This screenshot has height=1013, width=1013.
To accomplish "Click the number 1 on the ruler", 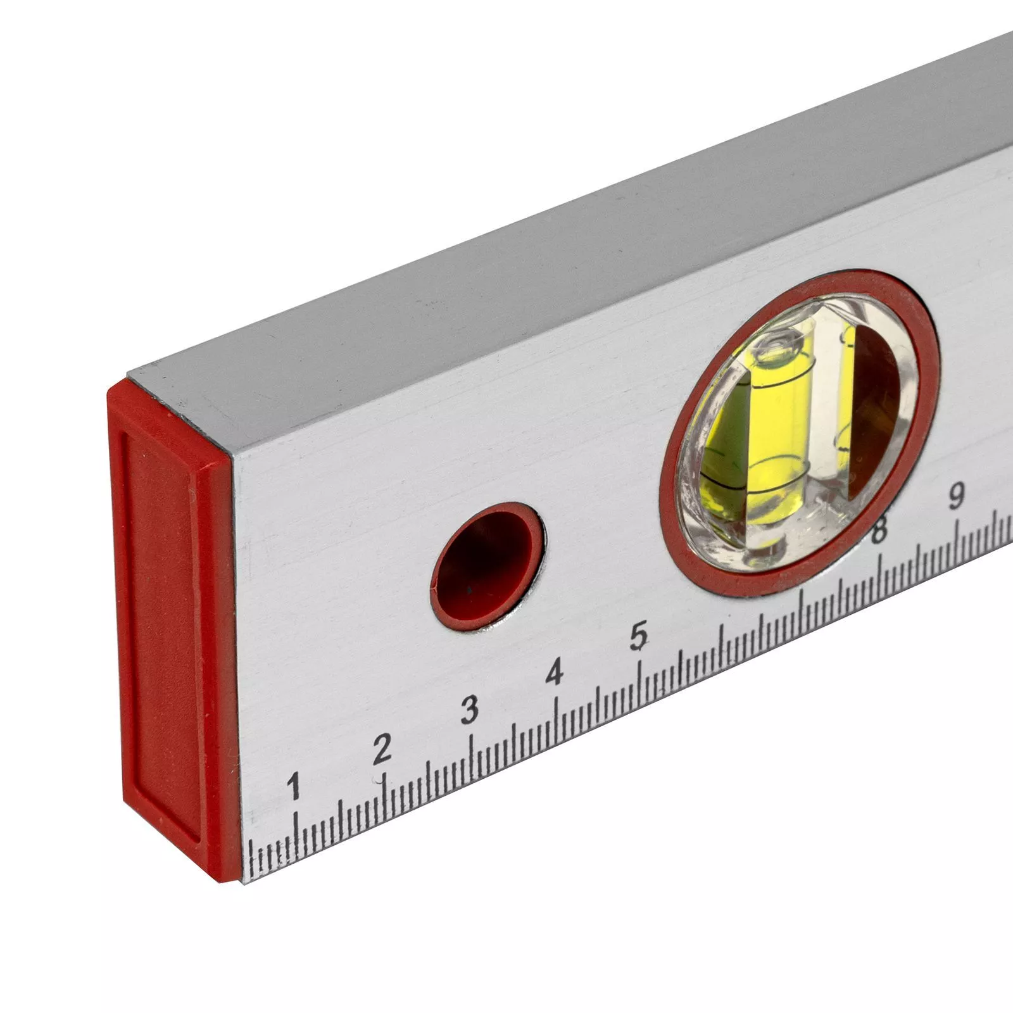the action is [x=293, y=786].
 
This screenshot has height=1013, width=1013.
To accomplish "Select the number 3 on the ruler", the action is [x=469, y=710].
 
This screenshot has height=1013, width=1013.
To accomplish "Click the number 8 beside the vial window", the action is [x=878, y=530].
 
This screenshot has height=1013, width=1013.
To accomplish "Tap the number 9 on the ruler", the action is [x=956, y=497].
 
